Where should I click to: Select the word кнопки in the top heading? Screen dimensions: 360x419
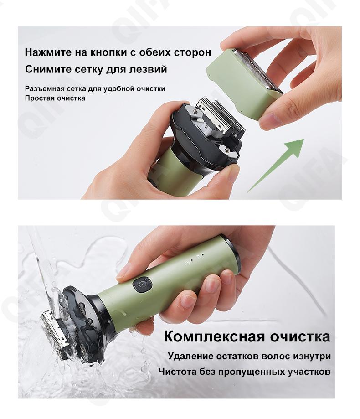(109, 52)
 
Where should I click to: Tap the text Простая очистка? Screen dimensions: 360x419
(55, 98)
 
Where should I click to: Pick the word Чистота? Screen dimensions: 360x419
(176, 372)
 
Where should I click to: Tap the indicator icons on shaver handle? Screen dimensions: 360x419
(195, 259)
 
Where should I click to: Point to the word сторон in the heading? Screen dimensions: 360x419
(192, 52)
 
